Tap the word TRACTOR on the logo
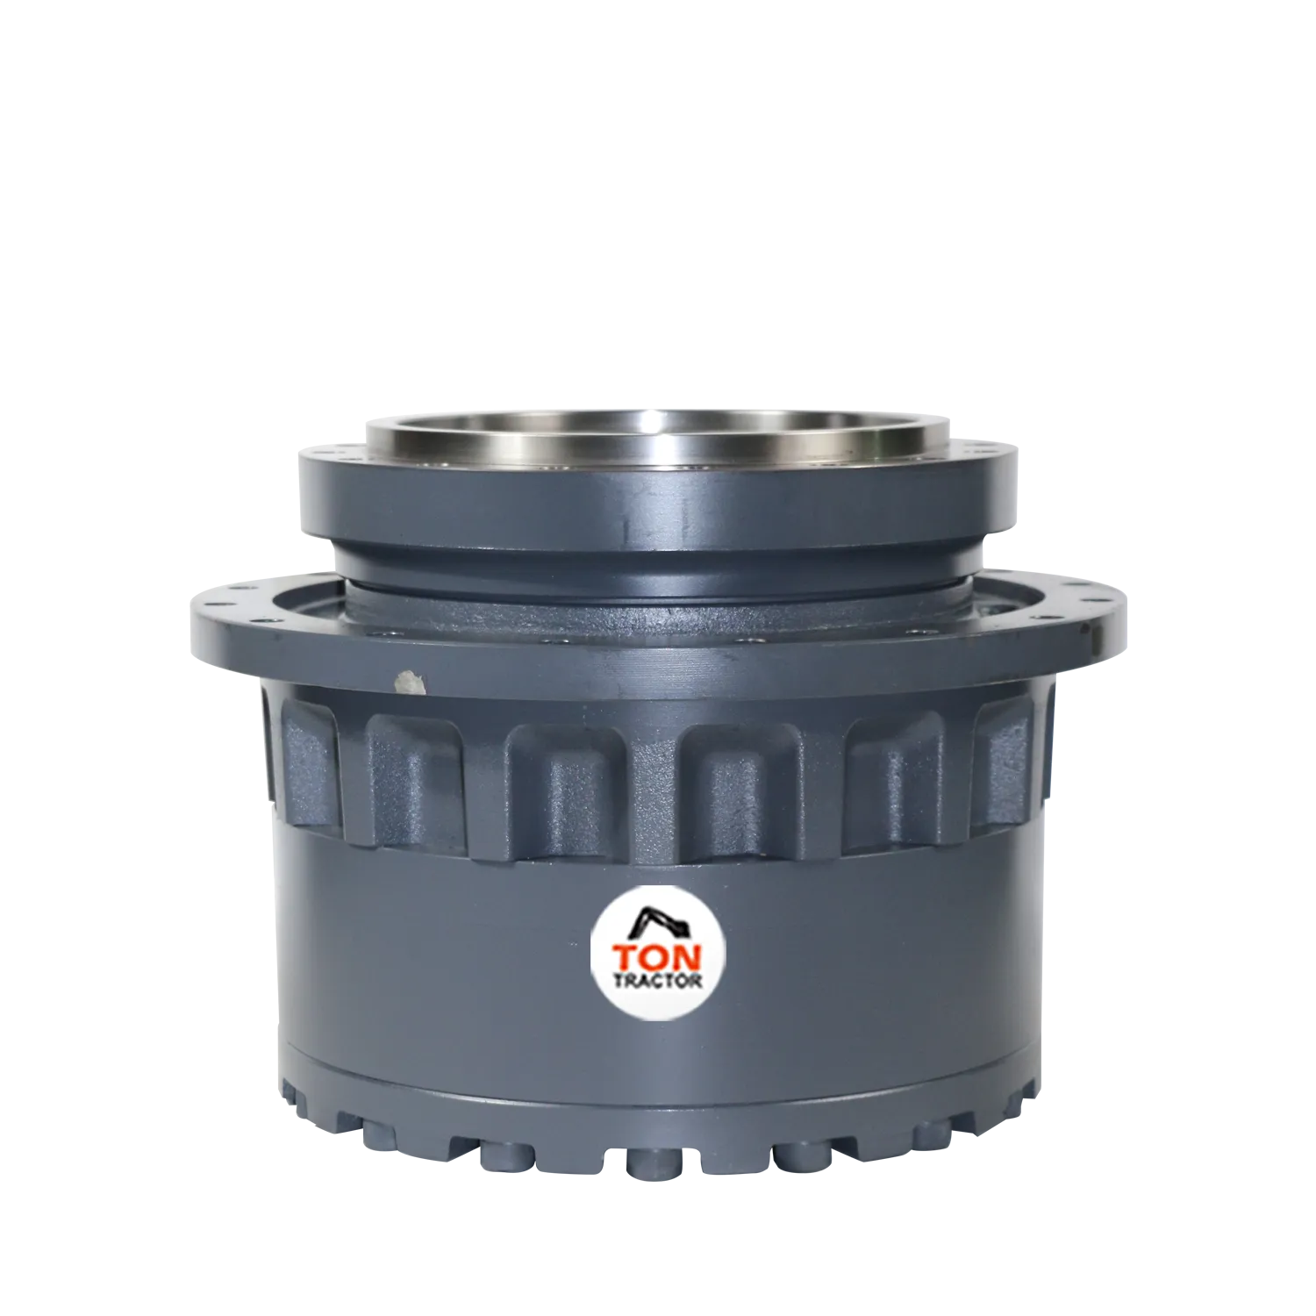658,980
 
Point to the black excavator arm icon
655,922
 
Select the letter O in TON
657,955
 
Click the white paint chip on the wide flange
409,682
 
